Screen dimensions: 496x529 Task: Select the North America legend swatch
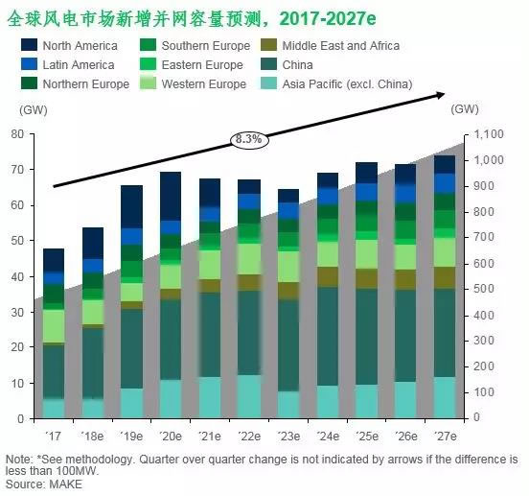[28, 45]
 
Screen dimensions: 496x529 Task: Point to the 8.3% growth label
[248, 139]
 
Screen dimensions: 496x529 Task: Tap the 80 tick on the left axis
[17, 134]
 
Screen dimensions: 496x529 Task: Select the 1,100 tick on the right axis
[490, 134]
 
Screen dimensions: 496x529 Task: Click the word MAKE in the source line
[66, 484]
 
